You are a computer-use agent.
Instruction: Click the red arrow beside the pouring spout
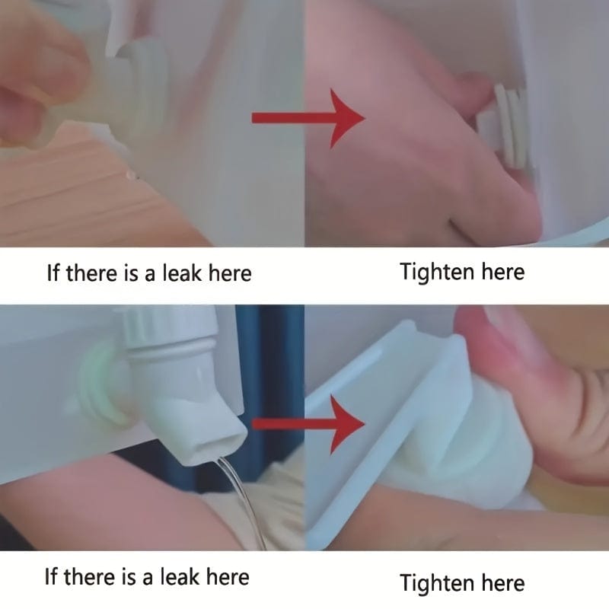309,424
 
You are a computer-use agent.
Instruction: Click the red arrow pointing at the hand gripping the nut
309,118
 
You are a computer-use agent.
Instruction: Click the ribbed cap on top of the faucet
167,327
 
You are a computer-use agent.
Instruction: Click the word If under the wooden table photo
53,273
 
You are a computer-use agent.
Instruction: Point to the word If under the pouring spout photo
51,576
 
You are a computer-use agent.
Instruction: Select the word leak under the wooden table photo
182,273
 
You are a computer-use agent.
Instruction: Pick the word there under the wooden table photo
92,273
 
